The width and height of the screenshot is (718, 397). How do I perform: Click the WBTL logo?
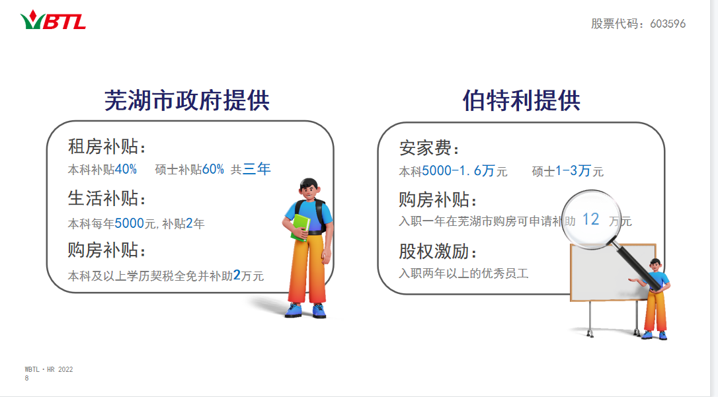[x=53, y=20]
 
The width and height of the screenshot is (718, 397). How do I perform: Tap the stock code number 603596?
[x=668, y=24]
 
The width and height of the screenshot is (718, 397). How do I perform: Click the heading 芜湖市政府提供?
[x=187, y=100]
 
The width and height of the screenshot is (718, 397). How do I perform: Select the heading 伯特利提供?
[x=522, y=100]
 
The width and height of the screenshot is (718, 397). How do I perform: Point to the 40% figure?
[x=126, y=169]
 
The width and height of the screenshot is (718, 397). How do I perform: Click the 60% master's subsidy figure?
[x=213, y=169]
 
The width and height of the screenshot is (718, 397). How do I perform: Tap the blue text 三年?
[x=257, y=168]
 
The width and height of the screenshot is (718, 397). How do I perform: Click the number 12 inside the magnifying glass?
[x=590, y=219]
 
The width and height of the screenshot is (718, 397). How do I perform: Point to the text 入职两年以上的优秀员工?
[x=464, y=273]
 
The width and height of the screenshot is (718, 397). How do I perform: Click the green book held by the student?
[x=300, y=227]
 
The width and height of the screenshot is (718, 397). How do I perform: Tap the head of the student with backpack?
[x=309, y=188]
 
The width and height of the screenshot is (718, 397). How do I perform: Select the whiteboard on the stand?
[x=612, y=273]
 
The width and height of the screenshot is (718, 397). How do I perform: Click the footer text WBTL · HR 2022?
[x=49, y=369]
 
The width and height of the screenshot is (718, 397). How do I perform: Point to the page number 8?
[x=26, y=379]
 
